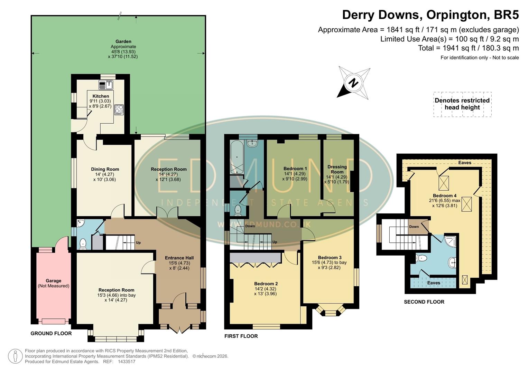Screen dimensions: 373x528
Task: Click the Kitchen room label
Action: point(101,96)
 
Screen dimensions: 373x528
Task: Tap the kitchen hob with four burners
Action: point(119,109)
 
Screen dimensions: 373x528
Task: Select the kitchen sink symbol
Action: point(106,84)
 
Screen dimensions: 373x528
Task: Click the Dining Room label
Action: point(105,169)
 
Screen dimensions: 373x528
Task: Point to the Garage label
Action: point(53,281)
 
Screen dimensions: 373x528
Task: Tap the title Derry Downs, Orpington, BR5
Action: point(430,15)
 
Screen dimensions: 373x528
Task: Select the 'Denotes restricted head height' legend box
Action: point(462,104)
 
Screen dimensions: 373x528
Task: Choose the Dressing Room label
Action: point(337,169)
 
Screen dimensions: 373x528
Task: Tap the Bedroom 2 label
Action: point(266,284)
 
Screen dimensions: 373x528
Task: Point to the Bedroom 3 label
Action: point(330,257)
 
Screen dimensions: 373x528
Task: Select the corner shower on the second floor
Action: point(451,241)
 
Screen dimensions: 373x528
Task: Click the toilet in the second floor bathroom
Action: point(421,258)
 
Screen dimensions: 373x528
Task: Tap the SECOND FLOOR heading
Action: point(424,302)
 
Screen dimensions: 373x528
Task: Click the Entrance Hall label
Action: point(179,258)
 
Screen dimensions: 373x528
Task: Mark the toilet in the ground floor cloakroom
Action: point(83,244)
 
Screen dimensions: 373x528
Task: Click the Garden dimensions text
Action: point(123,54)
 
